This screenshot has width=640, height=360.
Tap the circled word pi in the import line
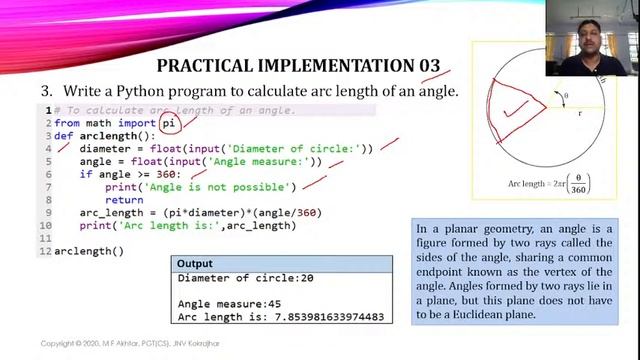click(x=170, y=123)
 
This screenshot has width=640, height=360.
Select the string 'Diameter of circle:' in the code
click(x=297, y=149)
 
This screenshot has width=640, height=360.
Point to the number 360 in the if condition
click(x=166, y=174)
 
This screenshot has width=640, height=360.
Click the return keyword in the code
click(x=124, y=200)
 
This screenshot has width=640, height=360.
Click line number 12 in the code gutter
click(x=46, y=251)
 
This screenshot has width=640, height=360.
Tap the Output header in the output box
click(x=197, y=263)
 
